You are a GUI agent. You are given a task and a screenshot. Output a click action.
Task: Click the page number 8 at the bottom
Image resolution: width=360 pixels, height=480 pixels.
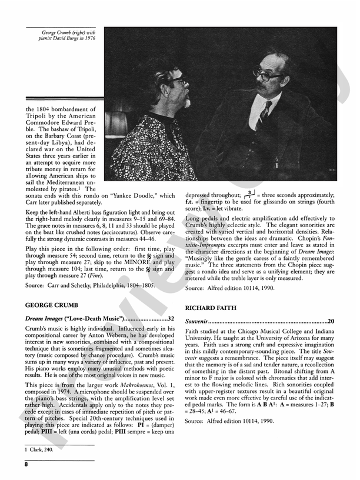(26, 464)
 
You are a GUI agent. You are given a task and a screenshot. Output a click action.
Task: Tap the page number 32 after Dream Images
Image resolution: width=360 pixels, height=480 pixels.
(171, 319)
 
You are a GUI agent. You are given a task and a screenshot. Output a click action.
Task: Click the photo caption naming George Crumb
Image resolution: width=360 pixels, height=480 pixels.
(68, 35)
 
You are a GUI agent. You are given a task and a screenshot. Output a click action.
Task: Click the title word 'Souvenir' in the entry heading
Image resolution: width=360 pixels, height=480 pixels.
(198, 322)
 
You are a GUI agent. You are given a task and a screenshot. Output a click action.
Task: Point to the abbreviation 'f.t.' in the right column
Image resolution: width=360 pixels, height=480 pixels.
(192, 201)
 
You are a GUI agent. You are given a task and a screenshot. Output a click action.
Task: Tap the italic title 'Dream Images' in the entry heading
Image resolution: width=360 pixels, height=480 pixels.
(47, 319)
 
